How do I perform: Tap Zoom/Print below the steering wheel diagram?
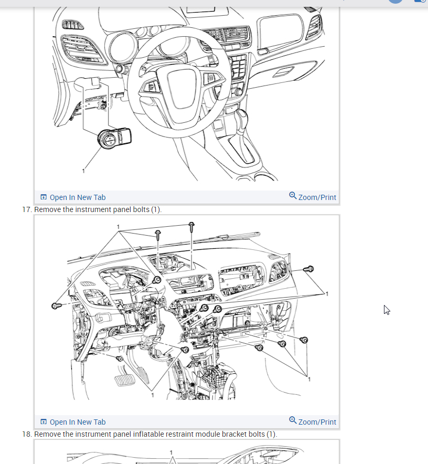(x=313, y=197)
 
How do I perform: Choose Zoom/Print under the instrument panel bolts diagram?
(x=313, y=421)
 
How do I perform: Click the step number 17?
(x=27, y=210)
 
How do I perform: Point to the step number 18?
(x=27, y=435)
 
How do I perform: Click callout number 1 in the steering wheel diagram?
(x=83, y=171)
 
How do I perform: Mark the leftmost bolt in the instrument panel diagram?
(x=55, y=305)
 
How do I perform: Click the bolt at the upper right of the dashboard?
(x=309, y=269)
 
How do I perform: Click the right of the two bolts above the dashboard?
(x=191, y=224)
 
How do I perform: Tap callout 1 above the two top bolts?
(x=119, y=227)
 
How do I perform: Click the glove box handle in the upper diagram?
(x=286, y=70)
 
